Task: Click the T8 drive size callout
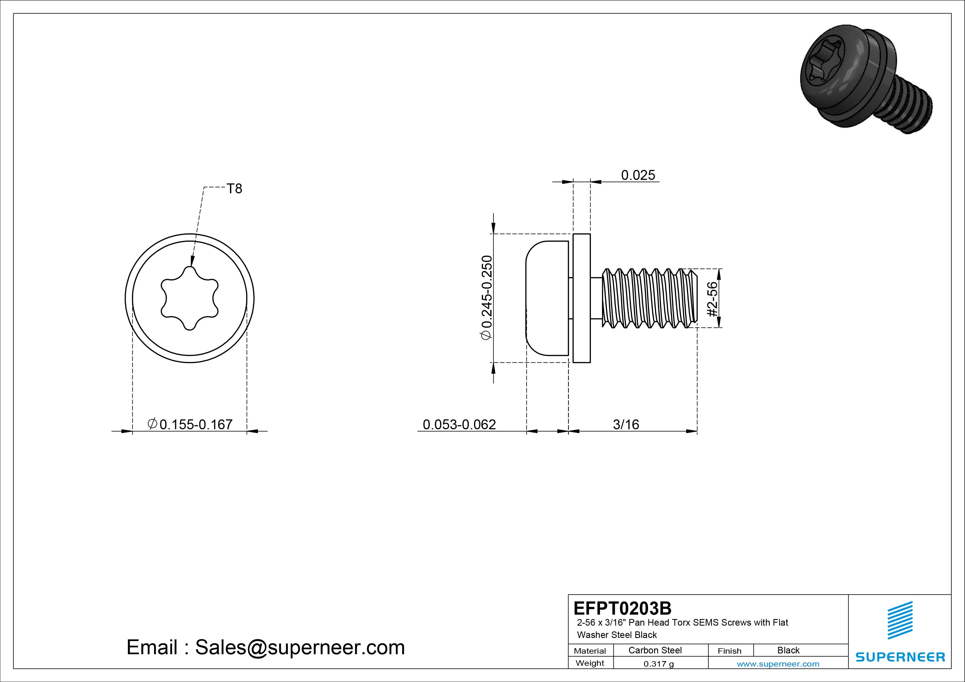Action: point(234,189)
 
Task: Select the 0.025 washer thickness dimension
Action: point(638,175)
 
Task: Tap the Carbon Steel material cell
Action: point(655,650)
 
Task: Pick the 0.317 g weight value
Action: point(659,664)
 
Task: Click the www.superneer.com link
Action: point(778,664)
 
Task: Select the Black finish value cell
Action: point(788,650)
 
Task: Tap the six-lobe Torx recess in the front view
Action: point(190,298)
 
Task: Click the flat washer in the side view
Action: point(582,298)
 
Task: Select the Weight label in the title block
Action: point(590,663)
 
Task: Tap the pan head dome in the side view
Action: point(546,298)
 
